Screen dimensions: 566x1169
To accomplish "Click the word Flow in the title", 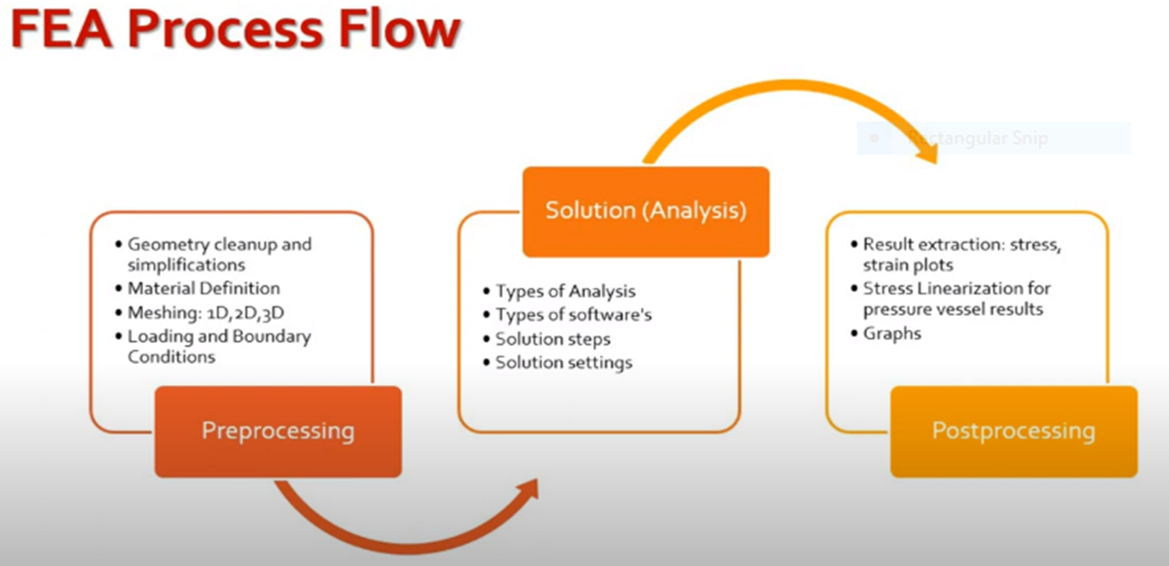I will point(399,30).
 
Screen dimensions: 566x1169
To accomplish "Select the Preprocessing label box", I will point(278,431).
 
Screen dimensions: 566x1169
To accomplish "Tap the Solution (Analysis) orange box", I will point(645,212).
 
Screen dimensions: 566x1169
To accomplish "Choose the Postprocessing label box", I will point(1013,431).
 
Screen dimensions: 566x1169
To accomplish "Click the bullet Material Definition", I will point(203,288).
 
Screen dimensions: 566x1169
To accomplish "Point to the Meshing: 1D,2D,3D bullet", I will point(206,312).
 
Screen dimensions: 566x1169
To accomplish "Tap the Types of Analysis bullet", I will point(566,291).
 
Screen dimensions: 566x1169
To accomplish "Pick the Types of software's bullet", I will point(574,315).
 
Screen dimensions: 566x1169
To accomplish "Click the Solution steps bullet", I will point(553,339).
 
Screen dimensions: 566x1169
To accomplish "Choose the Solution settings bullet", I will point(564,363).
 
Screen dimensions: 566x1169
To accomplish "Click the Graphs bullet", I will point(892,334).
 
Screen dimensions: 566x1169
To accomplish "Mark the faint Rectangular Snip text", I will point(978,139).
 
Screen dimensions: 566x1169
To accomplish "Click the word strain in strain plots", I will point(884,266).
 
